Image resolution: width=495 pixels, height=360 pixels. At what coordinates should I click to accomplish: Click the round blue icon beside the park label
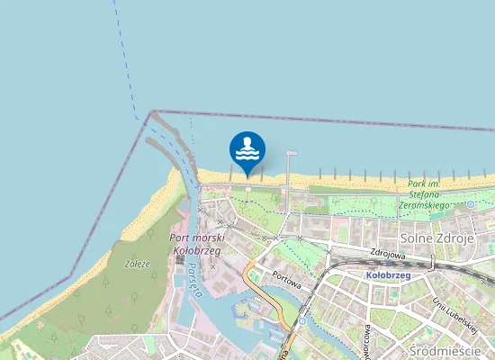click(x=470, y=205)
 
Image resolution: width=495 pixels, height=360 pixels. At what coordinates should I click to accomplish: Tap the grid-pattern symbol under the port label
click(x=180, y=260)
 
